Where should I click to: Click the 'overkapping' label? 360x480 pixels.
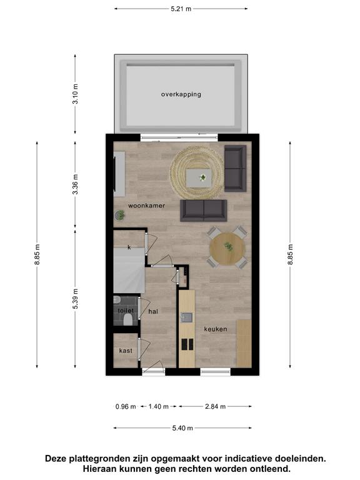coord(181,94)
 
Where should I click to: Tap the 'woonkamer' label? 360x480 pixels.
coord(146,206)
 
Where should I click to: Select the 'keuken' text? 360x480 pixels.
coord(216,329)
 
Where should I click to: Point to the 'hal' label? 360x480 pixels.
coord(153,311)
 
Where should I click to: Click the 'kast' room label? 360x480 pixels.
coord(126,351)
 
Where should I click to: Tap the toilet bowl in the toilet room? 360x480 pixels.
coord(128,321)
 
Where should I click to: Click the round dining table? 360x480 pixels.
coord(227,249)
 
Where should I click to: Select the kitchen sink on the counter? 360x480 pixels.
coord(186,317)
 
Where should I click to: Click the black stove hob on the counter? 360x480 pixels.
coord(187,344)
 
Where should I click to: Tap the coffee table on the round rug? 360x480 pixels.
coord(199,178)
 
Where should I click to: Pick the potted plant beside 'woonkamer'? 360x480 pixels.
coord(120,215)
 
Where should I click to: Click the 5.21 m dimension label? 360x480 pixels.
coord(181,9)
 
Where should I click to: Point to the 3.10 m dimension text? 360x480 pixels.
coord(75,94)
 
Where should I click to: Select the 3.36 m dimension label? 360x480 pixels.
coord(75,184)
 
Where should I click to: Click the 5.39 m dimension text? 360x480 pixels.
coord(75,299)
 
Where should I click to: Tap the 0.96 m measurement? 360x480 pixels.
coord(126,406)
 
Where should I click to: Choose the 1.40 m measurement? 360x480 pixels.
coord(159,406)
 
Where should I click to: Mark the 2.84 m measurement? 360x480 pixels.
coord(215,406)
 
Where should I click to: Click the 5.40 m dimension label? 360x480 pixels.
coord(182,428)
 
